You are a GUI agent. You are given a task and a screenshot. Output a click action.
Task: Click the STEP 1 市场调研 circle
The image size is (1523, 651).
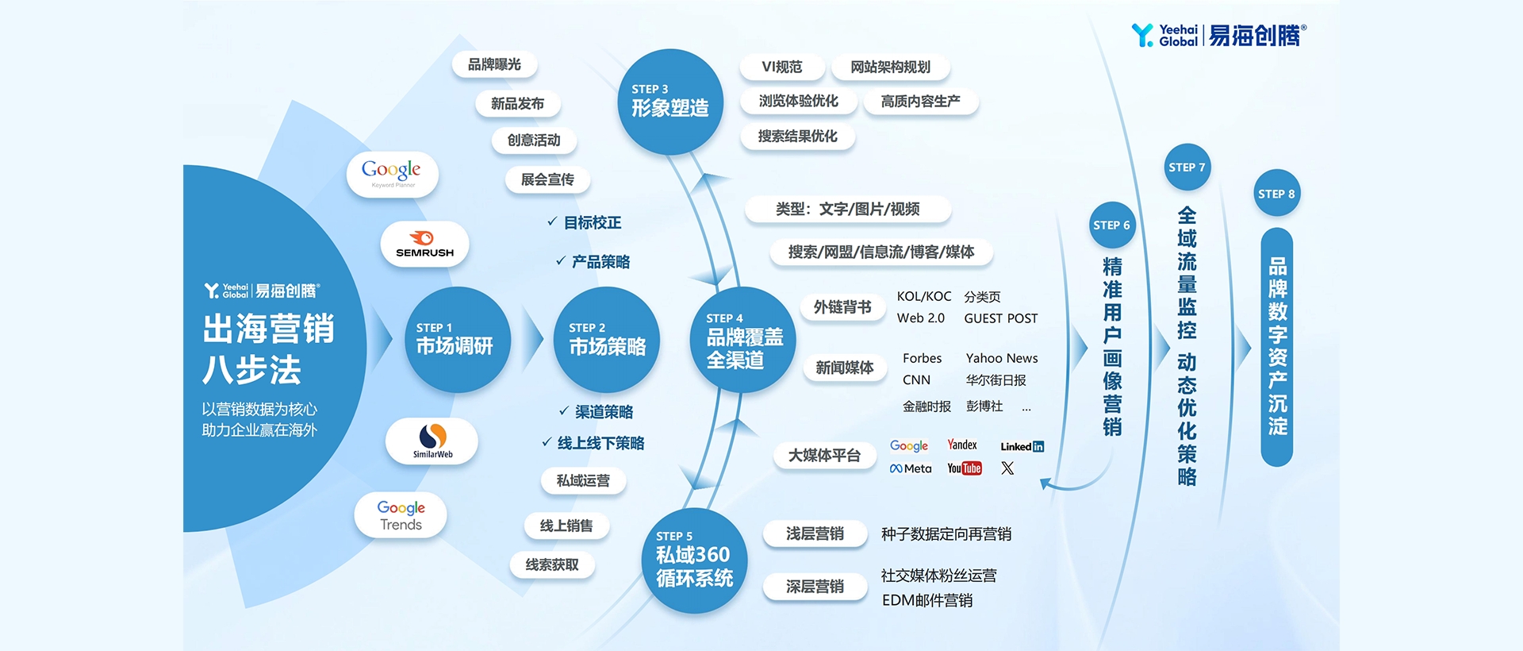click(x=458, y=340)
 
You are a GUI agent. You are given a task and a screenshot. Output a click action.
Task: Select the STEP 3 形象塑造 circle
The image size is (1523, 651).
click(x=670, y=102)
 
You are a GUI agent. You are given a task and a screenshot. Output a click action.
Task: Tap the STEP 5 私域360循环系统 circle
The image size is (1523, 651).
click(x=694, y=560)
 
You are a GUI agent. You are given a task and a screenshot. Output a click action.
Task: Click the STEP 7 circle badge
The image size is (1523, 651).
click(x=1187, y=167)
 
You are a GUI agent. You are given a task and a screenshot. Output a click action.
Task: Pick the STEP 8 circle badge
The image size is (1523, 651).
click(x=1276, y=193)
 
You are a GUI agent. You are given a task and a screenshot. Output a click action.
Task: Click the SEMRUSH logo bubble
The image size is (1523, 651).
click(x=425, y=244)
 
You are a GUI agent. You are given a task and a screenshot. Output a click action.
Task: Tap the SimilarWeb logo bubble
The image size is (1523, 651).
click(x=432, y=441)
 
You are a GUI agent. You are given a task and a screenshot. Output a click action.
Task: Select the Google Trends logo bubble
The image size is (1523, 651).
click(x=401, y=515)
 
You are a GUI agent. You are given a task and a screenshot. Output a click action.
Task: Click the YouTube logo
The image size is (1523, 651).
click(x=965, y=468)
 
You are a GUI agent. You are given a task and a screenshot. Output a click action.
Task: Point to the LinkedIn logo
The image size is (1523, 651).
click(x=1022, y=446)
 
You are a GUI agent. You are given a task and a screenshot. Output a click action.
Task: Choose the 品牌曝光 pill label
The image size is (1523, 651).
click(x=494, y=64)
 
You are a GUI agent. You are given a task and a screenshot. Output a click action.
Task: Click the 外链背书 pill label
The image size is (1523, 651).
click(x=842, y=307)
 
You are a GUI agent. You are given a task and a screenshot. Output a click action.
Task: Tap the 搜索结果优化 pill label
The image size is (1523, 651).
click(x=798, y=137)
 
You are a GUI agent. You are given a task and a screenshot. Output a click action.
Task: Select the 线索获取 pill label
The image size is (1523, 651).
click(x=552, y=565)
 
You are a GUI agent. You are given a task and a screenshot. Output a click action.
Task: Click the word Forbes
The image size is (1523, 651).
click(x=922, y=358)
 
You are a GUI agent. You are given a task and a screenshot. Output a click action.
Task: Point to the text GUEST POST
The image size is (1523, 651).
click(x=1001, y=318)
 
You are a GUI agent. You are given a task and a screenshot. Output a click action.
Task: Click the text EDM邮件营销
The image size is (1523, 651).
click(x=927, y=600)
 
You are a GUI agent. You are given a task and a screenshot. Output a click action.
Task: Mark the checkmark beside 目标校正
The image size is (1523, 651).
click(x=552, y=221)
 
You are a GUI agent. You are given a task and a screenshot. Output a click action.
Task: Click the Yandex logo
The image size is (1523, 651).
click(x=962, y=445)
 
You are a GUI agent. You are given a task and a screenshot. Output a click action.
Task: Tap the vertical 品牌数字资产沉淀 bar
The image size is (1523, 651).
click(x=1277, y=347)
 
